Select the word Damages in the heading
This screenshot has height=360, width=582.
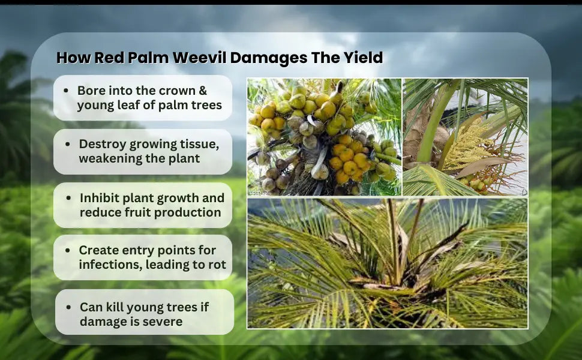[269, 58]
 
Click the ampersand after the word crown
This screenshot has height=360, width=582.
[203, 91]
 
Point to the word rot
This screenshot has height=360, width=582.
[217, 265]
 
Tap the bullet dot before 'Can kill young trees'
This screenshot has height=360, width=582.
[68, 307]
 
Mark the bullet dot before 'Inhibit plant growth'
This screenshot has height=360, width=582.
[68, 198]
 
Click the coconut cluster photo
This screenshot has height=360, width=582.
[324, 137]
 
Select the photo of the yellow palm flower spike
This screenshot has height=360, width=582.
[465, 137]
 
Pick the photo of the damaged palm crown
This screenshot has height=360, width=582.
[388, 263]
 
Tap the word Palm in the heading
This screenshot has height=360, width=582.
[148, 58]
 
